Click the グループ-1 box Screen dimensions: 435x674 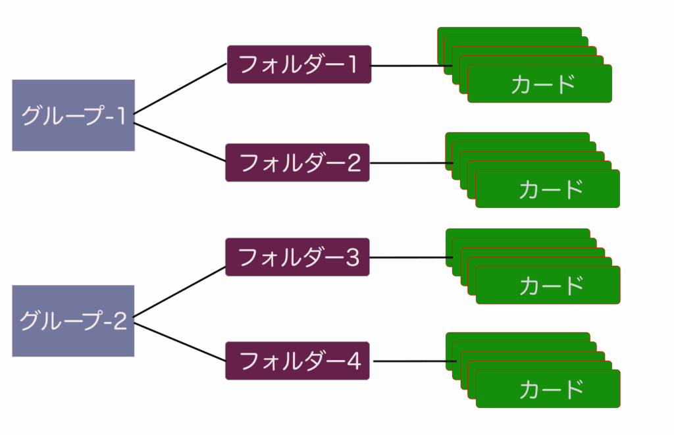pyautogui.click(x=73, y=115)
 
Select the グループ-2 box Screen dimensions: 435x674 pyautogui.click(x=73, y=321)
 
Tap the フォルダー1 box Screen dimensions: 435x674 pyautogui.click(x=299, y=64)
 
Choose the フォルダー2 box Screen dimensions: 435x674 pyautogui.click(x=298, y=163)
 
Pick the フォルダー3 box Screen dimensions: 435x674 pyautogui.click(x=298, y=257)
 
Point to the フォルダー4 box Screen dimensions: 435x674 pyautogui.click(x=298, y=361)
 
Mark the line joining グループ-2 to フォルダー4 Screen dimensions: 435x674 pyautogui.click(x=180, y=342)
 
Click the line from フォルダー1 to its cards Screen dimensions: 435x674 pyautogui.click(x=405, y=66)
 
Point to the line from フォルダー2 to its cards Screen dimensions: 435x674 pyautogui.click(x=408, y=163)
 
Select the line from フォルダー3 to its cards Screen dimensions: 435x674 pyautogui.click(x=408, y=257)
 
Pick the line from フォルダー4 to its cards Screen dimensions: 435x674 pyautogui.click(x=408, y=362)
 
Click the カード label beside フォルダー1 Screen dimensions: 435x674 pyautogui.click(x=543, y=84)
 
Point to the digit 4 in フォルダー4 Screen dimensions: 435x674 pyautogui.click(x=353, y=361)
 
